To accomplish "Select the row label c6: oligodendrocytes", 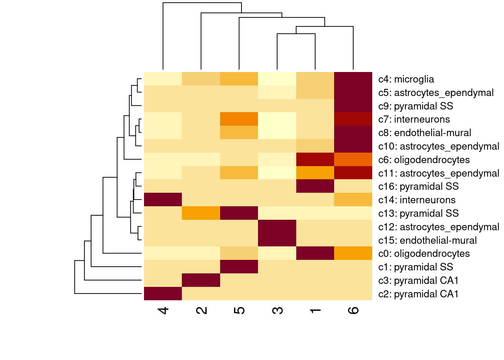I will click(x=424, y=160).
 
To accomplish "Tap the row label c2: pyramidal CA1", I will click(x=418, y=294).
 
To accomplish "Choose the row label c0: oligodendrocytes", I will click(x=424, y=253).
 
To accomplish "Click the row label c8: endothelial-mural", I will click(x=424, y=133).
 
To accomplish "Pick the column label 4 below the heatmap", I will click(x=163, y=310).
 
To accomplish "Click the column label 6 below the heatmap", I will click(x=353, y=310).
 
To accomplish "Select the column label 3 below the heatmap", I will click(x=277, y=310).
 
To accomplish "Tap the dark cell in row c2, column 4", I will click(x=163, y=294).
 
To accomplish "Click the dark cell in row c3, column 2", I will click(x=201, y=280).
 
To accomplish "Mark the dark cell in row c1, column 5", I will click(x=239, y=267).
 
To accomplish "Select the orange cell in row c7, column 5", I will click(x=239, y=119).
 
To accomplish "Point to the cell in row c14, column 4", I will click(x=163, y=199).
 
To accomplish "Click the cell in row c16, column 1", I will click(x=315, y=186).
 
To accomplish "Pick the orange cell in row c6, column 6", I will click(x=353, y=159).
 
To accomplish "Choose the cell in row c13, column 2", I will click(x=201, y=213).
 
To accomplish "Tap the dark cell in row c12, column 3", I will click(x=277, y=226).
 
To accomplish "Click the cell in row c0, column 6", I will click(x=353, y=253).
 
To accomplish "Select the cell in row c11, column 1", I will click(x=315, y=173).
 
